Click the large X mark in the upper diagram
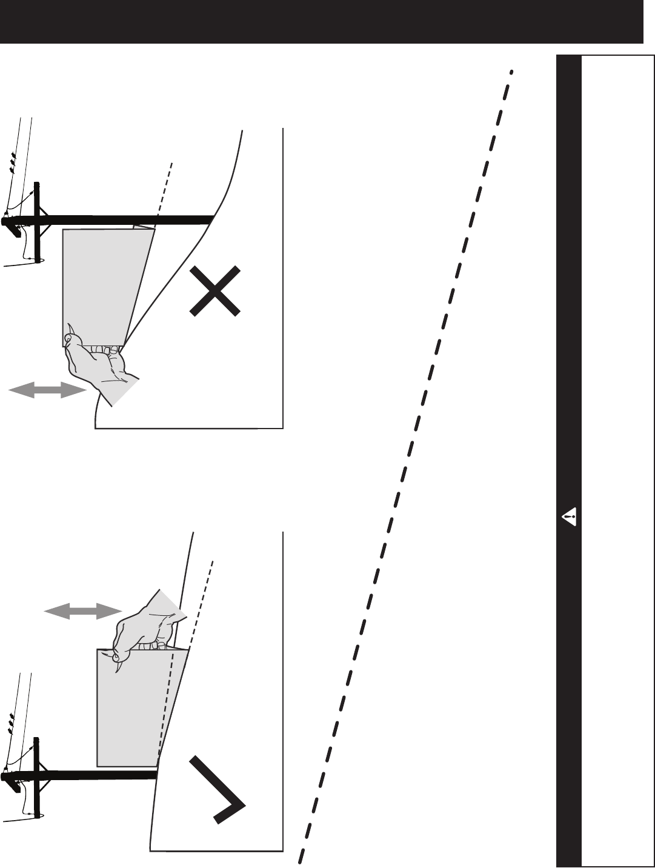(214, 291)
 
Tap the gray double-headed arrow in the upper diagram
(46, 392)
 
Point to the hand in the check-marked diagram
(142, 630)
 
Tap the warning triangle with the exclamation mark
(569, 517)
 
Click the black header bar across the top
(321, 22)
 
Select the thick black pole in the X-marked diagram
(121, 219)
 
